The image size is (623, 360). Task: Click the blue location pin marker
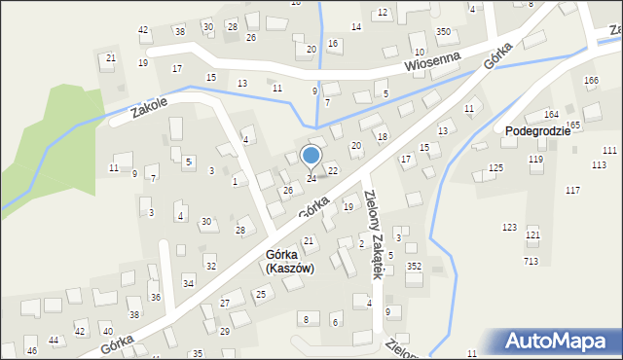[x=311, y=156]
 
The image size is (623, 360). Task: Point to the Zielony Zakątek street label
[x=374, y=233]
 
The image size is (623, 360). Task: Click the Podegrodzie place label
[x=537, y=131]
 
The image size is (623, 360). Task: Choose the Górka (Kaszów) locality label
[x=289, y=261]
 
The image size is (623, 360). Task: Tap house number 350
[x=443, y=32]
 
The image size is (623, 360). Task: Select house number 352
[x=414, y=266]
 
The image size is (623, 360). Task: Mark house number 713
[x=531, y=261]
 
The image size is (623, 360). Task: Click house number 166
[x=590, y=80]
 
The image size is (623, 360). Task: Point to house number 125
[x=495, y=168]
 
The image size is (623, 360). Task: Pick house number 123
[x=509, y=227]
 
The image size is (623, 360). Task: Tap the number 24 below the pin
[x=311, y=178]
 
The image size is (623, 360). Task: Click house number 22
[x=333, y=170]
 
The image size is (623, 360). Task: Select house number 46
[x=32, y=350]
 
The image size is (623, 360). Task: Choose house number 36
[x=155, y=297]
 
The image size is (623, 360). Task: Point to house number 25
[x=260, y=294]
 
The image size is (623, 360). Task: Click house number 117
[x=572, y=190]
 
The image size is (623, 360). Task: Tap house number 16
[x=333, y=44]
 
